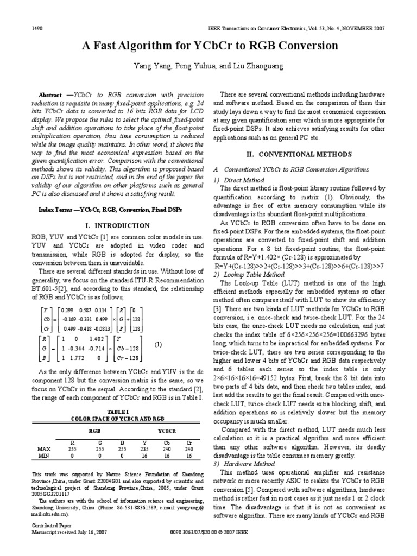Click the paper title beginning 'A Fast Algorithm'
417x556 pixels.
[208, 46]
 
